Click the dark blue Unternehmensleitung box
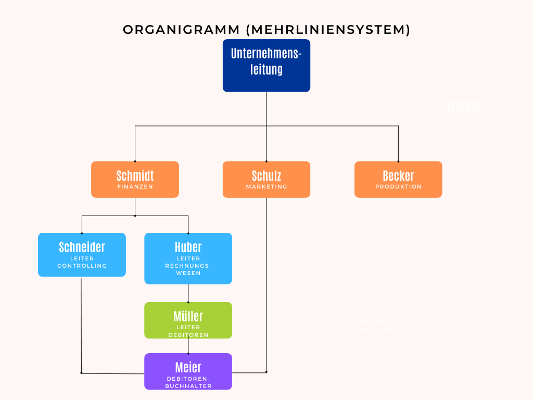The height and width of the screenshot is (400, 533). point(266,65)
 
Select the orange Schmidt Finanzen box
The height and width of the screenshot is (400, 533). point(135,179)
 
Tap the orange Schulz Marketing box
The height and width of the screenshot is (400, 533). point(266,179)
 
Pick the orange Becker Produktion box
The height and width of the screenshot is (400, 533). point(398,179)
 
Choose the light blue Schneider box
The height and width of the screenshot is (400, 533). point(82,254)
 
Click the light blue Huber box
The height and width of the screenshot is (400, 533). point(188,258)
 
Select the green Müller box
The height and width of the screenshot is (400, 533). point(188,320)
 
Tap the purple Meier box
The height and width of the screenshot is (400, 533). point(188,371)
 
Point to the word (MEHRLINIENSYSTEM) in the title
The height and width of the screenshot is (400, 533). point(328,30)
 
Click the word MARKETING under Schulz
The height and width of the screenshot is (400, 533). point(266,186)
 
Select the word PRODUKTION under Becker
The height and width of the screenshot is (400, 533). point(398,186)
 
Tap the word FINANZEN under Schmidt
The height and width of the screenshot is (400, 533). point(135,186)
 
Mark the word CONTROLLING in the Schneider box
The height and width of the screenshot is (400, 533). point(82,266)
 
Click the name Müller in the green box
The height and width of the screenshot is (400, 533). point(188,316)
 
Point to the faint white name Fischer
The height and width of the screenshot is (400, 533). point(464,107)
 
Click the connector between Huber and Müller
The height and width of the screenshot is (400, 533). point(188,293)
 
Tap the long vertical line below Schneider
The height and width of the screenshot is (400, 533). point(81,323)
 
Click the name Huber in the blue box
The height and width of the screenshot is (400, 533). point(188,247)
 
